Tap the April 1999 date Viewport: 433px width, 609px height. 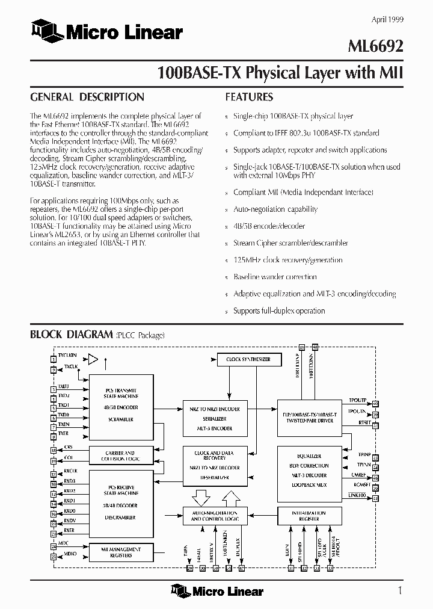click(387, 20)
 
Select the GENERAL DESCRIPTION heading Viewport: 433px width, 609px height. click(87, 97)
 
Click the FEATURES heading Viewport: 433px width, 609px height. click(249, 97)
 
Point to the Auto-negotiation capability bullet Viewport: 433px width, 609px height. click(275, 209)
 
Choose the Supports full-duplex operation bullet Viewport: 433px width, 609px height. click(278, 311)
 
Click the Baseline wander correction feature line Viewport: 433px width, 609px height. click(275, 277)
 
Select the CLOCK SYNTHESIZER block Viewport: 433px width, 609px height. click(248, 359)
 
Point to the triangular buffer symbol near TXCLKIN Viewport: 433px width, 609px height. click(93, 359)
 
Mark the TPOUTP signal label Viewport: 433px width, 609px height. click(357, 400)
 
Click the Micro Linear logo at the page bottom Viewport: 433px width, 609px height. click(217, 591)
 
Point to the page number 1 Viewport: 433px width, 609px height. click(400, 590)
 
